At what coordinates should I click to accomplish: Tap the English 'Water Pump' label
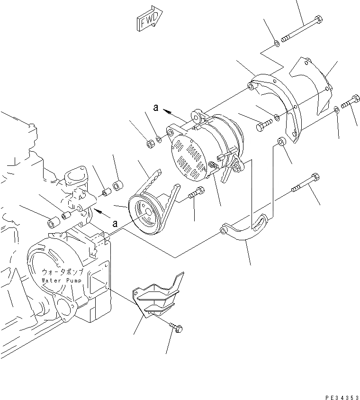[62, 280]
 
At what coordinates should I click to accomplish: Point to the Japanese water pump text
[63, 273]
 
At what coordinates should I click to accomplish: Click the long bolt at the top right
[301, 30]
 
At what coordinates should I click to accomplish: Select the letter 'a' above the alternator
[155, 108]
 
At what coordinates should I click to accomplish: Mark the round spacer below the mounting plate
[282, 142]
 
